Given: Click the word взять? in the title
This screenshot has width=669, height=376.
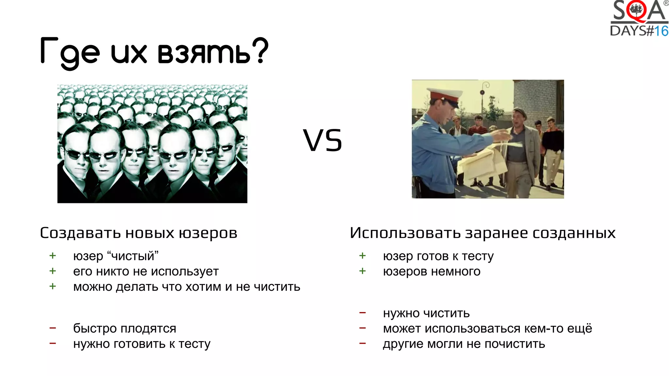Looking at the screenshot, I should point(212,52).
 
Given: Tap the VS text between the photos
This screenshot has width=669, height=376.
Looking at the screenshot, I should point(322,141).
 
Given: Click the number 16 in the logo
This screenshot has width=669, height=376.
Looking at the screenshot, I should point(661,31).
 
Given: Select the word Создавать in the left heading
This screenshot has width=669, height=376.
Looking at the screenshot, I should point(80,233).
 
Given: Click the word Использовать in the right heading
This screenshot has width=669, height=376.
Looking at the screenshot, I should point(405,233).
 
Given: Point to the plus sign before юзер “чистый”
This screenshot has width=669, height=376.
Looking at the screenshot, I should point(53,256).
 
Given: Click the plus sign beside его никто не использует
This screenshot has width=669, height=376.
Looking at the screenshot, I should point(53,271).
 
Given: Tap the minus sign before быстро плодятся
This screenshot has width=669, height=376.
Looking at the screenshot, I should point(53,328).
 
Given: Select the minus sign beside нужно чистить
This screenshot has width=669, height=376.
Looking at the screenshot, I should point(362,313).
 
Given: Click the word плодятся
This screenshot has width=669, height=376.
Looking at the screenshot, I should point(153,328).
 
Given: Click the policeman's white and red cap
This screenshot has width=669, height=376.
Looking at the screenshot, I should point(446,95).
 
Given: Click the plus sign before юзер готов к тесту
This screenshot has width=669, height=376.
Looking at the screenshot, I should point(362,256).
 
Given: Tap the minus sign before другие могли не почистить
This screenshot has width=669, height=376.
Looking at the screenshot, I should point(362,343).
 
